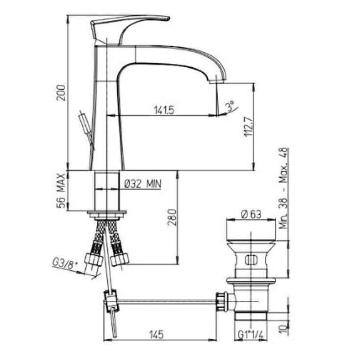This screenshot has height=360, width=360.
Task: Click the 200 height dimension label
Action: coord(61,93)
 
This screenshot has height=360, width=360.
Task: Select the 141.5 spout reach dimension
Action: coord(164,110)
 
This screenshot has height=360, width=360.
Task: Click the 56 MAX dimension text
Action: coord(61,191)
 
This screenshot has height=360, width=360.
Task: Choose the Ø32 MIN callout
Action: coord(143,184)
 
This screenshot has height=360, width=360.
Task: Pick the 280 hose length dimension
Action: coord(172,217)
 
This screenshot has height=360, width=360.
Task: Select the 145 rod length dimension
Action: coord(156,334)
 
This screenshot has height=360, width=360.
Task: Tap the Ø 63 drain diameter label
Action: coord(251,214)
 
